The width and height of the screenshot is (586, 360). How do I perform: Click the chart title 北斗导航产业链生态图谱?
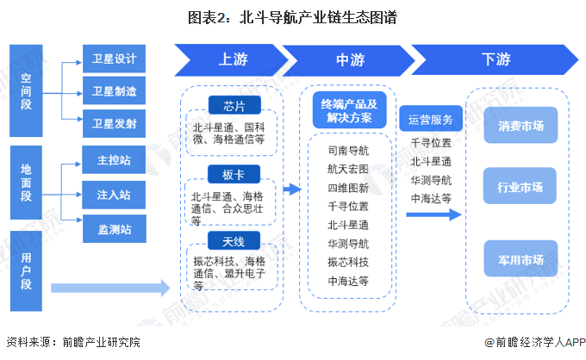pos(292,16)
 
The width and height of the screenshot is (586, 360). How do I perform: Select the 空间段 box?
pos(26,90)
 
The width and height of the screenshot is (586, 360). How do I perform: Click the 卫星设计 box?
pos(114,59)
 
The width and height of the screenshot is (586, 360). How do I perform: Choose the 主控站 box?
pos(114,159)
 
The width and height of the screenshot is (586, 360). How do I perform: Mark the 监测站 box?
pos(114,228)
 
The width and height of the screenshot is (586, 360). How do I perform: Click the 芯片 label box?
pos(234,105)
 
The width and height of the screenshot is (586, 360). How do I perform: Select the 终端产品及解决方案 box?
pos(349,110)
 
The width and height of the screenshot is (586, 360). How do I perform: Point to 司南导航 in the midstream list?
pos(348,150)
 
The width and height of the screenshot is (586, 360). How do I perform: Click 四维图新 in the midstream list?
pos(348,187)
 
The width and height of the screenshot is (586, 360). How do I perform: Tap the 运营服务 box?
pos(431,120)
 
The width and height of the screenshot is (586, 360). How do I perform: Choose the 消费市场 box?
pos(521,125)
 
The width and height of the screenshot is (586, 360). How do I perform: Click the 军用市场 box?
pos(521,259)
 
